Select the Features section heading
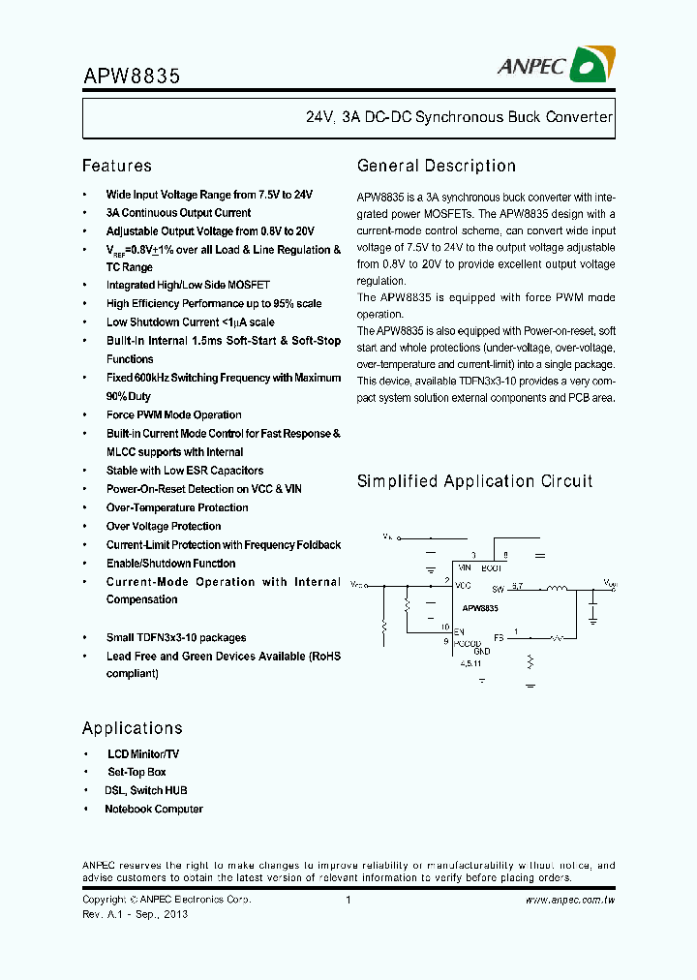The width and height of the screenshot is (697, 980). pos(116,166)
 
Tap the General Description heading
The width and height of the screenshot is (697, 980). pos(436,166)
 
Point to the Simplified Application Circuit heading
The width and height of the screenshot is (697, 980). pos(474,481)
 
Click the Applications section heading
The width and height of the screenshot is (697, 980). pos(132,728)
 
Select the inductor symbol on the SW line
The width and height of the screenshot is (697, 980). pos(558,588)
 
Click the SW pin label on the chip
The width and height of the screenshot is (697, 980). pos(498,589)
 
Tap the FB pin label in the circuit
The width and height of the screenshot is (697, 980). pos(499,637)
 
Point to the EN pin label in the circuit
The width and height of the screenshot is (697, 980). pos(460,631)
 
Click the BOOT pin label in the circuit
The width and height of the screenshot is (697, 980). pos(491,568)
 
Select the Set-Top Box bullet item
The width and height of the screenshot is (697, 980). pos(136,773)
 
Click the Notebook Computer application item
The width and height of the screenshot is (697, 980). pos(154,810)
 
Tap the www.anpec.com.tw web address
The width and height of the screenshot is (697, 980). pos(570,901)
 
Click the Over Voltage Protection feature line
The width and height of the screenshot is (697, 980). pos(164,527)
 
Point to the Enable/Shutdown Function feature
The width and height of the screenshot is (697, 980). pos(170,564)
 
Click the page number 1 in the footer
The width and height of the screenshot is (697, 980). pos(348,901)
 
